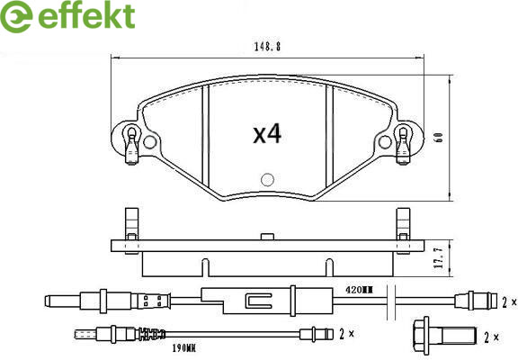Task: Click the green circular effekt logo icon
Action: click(16, 16)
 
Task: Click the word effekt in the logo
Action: click(86, 15)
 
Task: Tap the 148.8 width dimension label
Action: click(267, 47)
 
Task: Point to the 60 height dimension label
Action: click(439, 138)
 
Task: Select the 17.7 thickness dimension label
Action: click(440, 258)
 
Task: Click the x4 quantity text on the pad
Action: click(267, 134)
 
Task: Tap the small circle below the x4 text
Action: click(267, 179)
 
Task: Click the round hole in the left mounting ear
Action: click(149, 142)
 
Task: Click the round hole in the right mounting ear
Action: click(385, 142)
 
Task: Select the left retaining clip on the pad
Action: click(132, 145)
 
